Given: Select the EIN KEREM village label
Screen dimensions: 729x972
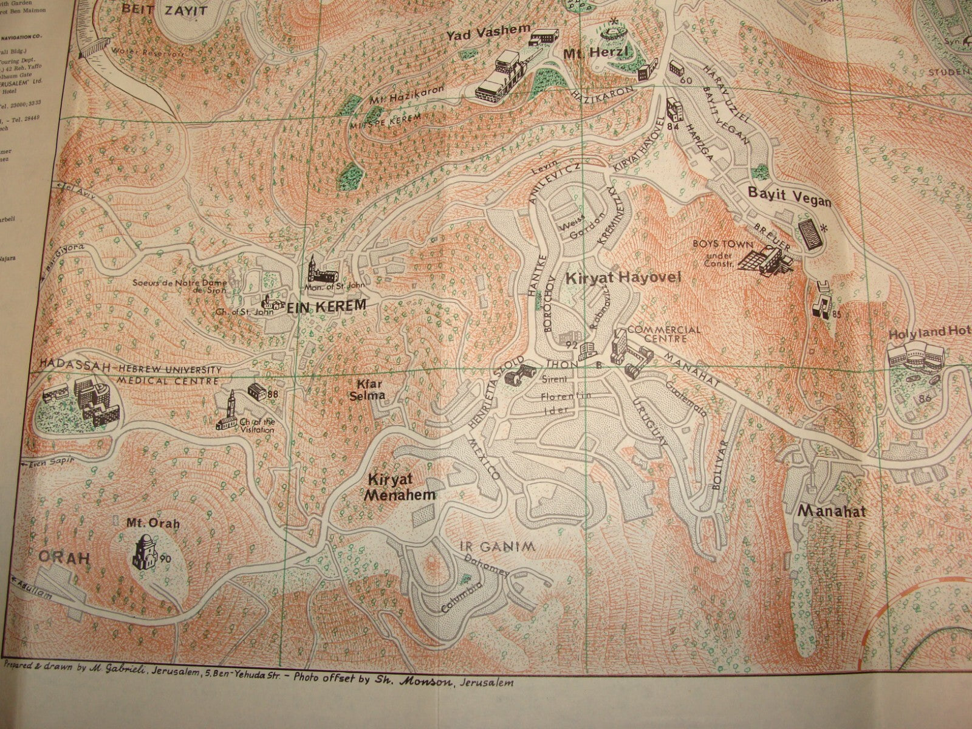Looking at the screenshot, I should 327,306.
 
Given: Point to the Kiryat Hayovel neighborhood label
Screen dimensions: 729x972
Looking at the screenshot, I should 624,279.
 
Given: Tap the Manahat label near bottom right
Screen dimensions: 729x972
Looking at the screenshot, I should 831,512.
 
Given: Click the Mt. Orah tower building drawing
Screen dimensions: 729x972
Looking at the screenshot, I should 145,550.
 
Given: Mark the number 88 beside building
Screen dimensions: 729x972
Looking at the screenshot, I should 273,394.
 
